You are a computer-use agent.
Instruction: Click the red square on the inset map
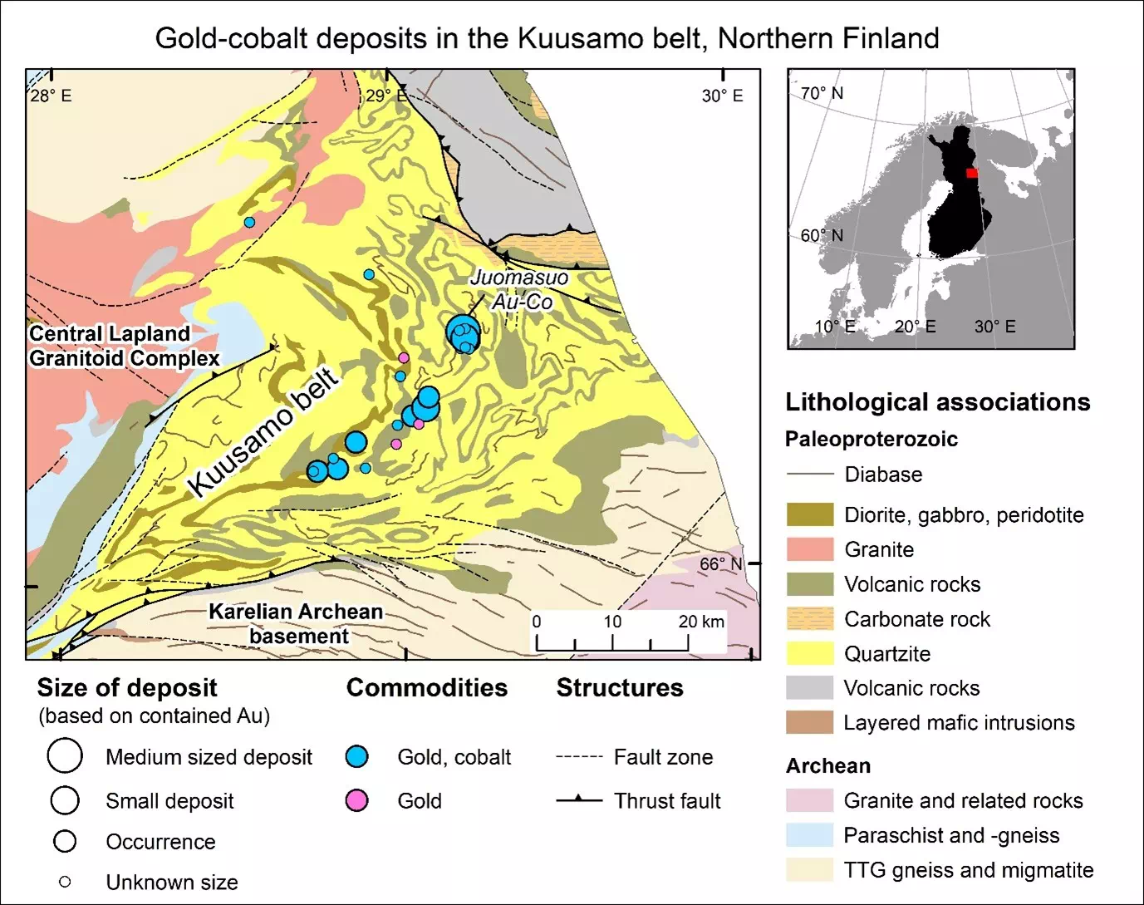coord(972,173)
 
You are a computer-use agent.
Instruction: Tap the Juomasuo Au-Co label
coord(520,289)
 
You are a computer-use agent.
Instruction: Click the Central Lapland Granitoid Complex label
coord(125,346)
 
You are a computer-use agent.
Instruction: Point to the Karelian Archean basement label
coord(296,623)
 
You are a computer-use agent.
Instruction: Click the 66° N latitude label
coord(720,564)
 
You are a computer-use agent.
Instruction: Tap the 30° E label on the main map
coord(722,96)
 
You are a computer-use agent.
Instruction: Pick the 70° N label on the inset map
coord(822,93)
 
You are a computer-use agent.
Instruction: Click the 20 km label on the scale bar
coord(701,622)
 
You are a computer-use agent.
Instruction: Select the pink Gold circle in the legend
coord(356,800)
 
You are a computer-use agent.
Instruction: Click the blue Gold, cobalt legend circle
coord(356,757)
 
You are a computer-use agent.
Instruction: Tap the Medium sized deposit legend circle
coord(65,756)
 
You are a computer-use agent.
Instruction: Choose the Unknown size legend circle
coord(65,882)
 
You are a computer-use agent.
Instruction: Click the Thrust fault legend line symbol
coord(579,800)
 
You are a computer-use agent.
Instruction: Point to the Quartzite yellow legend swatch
coord(809,653)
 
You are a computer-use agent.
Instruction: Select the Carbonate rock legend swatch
coord(809,619)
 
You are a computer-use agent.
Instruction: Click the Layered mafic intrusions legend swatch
coord(809,722)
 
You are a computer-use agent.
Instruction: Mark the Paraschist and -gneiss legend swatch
coord(809,835)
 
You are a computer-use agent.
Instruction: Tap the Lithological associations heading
coord(937,402)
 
